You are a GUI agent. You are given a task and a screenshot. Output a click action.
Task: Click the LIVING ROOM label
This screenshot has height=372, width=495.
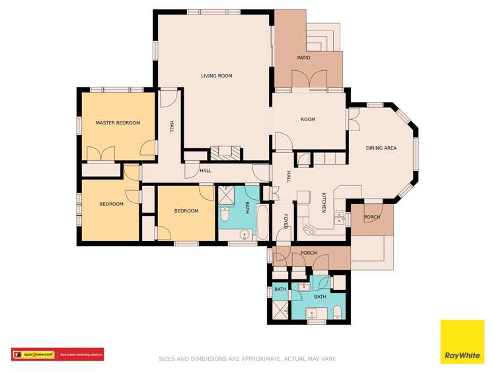[x=216, y=76]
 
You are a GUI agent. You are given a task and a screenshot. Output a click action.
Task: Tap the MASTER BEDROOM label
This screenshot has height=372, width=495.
[x=118, y=123]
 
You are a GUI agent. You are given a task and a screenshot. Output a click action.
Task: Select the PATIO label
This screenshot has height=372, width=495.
[x=303, y=58]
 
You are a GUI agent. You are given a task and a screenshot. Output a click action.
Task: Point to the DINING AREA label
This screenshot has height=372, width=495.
[x=381, y=148]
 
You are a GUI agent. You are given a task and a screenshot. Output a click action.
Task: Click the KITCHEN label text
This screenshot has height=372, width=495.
[x=324, y=203]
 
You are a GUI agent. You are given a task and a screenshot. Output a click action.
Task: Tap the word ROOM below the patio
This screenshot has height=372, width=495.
[x=308, y=120]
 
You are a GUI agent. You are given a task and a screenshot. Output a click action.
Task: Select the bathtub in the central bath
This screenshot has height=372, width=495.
[x=262, y=223]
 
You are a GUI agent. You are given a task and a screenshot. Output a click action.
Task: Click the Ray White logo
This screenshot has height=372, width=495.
[x=461, y=342]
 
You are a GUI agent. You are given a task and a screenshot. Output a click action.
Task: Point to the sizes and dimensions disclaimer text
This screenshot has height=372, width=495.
[x=247, y=359]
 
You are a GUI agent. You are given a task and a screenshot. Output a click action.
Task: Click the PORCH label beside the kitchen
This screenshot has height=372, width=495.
[x=372, y=217]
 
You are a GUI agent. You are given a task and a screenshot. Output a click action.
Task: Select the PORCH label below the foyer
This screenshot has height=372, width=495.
[x=309, y=254]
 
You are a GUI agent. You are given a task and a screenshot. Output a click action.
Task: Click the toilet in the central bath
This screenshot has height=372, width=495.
[x=225, y=215]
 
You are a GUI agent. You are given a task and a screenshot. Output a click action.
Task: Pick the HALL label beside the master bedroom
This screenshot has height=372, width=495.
[x=171, y=126]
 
